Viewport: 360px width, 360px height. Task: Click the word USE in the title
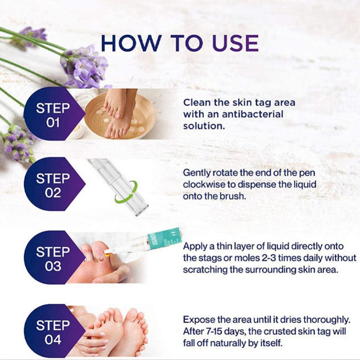[x=236, y=43]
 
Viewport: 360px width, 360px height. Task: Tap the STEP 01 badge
[x=55, y=114]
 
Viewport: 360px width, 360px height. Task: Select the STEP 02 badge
[x=55, y=184]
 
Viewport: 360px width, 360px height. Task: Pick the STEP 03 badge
[x=55, y=258]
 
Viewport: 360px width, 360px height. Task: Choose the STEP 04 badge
[x=55, y=331]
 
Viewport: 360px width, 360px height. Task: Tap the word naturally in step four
[x=227, y=344]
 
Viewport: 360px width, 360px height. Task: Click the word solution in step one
[x=204, y=126]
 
